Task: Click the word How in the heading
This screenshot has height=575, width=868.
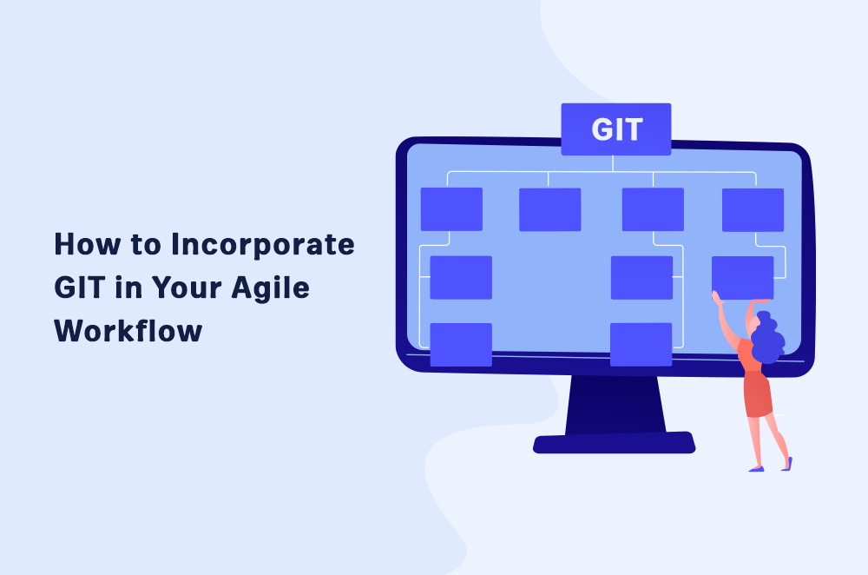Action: click(x=87, y=244)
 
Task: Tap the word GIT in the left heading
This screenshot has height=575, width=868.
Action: click(x=80, y=287)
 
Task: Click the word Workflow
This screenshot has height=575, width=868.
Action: click(x=128, y=330)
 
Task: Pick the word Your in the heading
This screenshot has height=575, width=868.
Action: click(x=187, y=287)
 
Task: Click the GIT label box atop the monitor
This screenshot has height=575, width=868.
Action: click(x=616, y=129)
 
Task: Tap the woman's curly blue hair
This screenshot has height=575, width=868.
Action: click(x=766, y=337)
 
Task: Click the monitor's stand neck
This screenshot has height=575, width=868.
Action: click(x=615, y=405)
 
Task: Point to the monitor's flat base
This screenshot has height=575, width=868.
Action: click(x=614, y=443)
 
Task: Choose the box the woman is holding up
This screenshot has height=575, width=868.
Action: click(x=742, y=278)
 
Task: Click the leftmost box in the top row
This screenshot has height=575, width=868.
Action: click(x=451, y=208)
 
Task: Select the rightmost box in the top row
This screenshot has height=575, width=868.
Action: click(x=753, y=209)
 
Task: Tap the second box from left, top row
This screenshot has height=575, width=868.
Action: click(x=549, y=209)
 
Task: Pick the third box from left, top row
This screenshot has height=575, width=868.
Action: click(x=653, y=209)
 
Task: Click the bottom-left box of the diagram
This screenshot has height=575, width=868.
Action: click(x=461, y=345)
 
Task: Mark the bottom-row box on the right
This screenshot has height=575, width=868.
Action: click(x=641, y=345)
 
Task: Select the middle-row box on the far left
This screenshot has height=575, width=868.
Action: click(x=461, y=278)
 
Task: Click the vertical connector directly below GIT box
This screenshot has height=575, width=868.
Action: click(x=613, y=163)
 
